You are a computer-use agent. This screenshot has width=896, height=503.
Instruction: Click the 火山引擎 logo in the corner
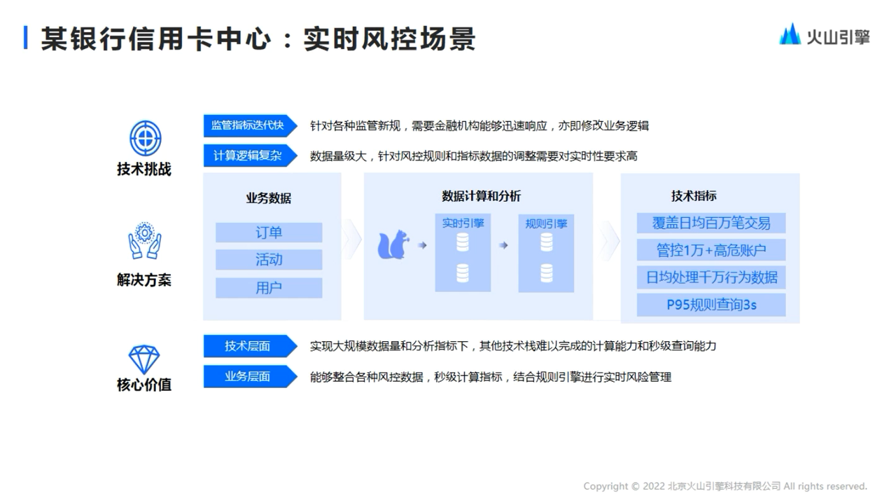tap(825, 34)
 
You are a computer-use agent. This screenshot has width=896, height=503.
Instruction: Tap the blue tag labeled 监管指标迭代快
tap(251, 126)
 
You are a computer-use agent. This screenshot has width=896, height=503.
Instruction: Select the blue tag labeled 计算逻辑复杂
tap(251, 156)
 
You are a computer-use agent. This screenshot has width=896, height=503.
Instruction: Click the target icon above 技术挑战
tap(145, 138)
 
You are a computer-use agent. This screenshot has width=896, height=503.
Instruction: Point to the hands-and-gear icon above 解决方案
tap(145, 240)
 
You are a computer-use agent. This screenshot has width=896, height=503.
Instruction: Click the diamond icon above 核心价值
tap(144, 359)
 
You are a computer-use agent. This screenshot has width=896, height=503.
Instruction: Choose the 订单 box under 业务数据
tap(269, 233)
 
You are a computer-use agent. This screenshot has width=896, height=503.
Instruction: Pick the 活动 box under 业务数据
tap(269, 259)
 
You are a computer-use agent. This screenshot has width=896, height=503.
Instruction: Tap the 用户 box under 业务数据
tap(269, 288)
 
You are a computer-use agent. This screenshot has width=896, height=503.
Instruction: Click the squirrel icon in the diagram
tap(393, 244)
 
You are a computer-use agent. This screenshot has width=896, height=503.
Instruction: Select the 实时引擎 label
tap(463, 223)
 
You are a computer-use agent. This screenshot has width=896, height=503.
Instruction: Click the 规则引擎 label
tap(547, 224)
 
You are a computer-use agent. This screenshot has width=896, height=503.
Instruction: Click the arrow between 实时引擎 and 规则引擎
tap(503, 245)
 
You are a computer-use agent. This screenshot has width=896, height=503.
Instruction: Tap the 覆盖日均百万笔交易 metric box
tap(711, 223)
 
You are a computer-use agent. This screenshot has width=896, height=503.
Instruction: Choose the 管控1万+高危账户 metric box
tap(711, 250)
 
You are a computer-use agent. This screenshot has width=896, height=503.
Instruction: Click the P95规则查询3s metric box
tap(711, 305)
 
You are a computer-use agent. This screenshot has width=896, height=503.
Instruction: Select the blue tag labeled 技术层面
tap(251, 346)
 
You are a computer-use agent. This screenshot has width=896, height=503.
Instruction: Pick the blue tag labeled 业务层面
tap(251, 376)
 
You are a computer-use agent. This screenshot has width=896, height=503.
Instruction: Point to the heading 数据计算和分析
tap(481, 196)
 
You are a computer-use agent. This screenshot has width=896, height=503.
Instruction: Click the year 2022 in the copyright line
tap(654, 486)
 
